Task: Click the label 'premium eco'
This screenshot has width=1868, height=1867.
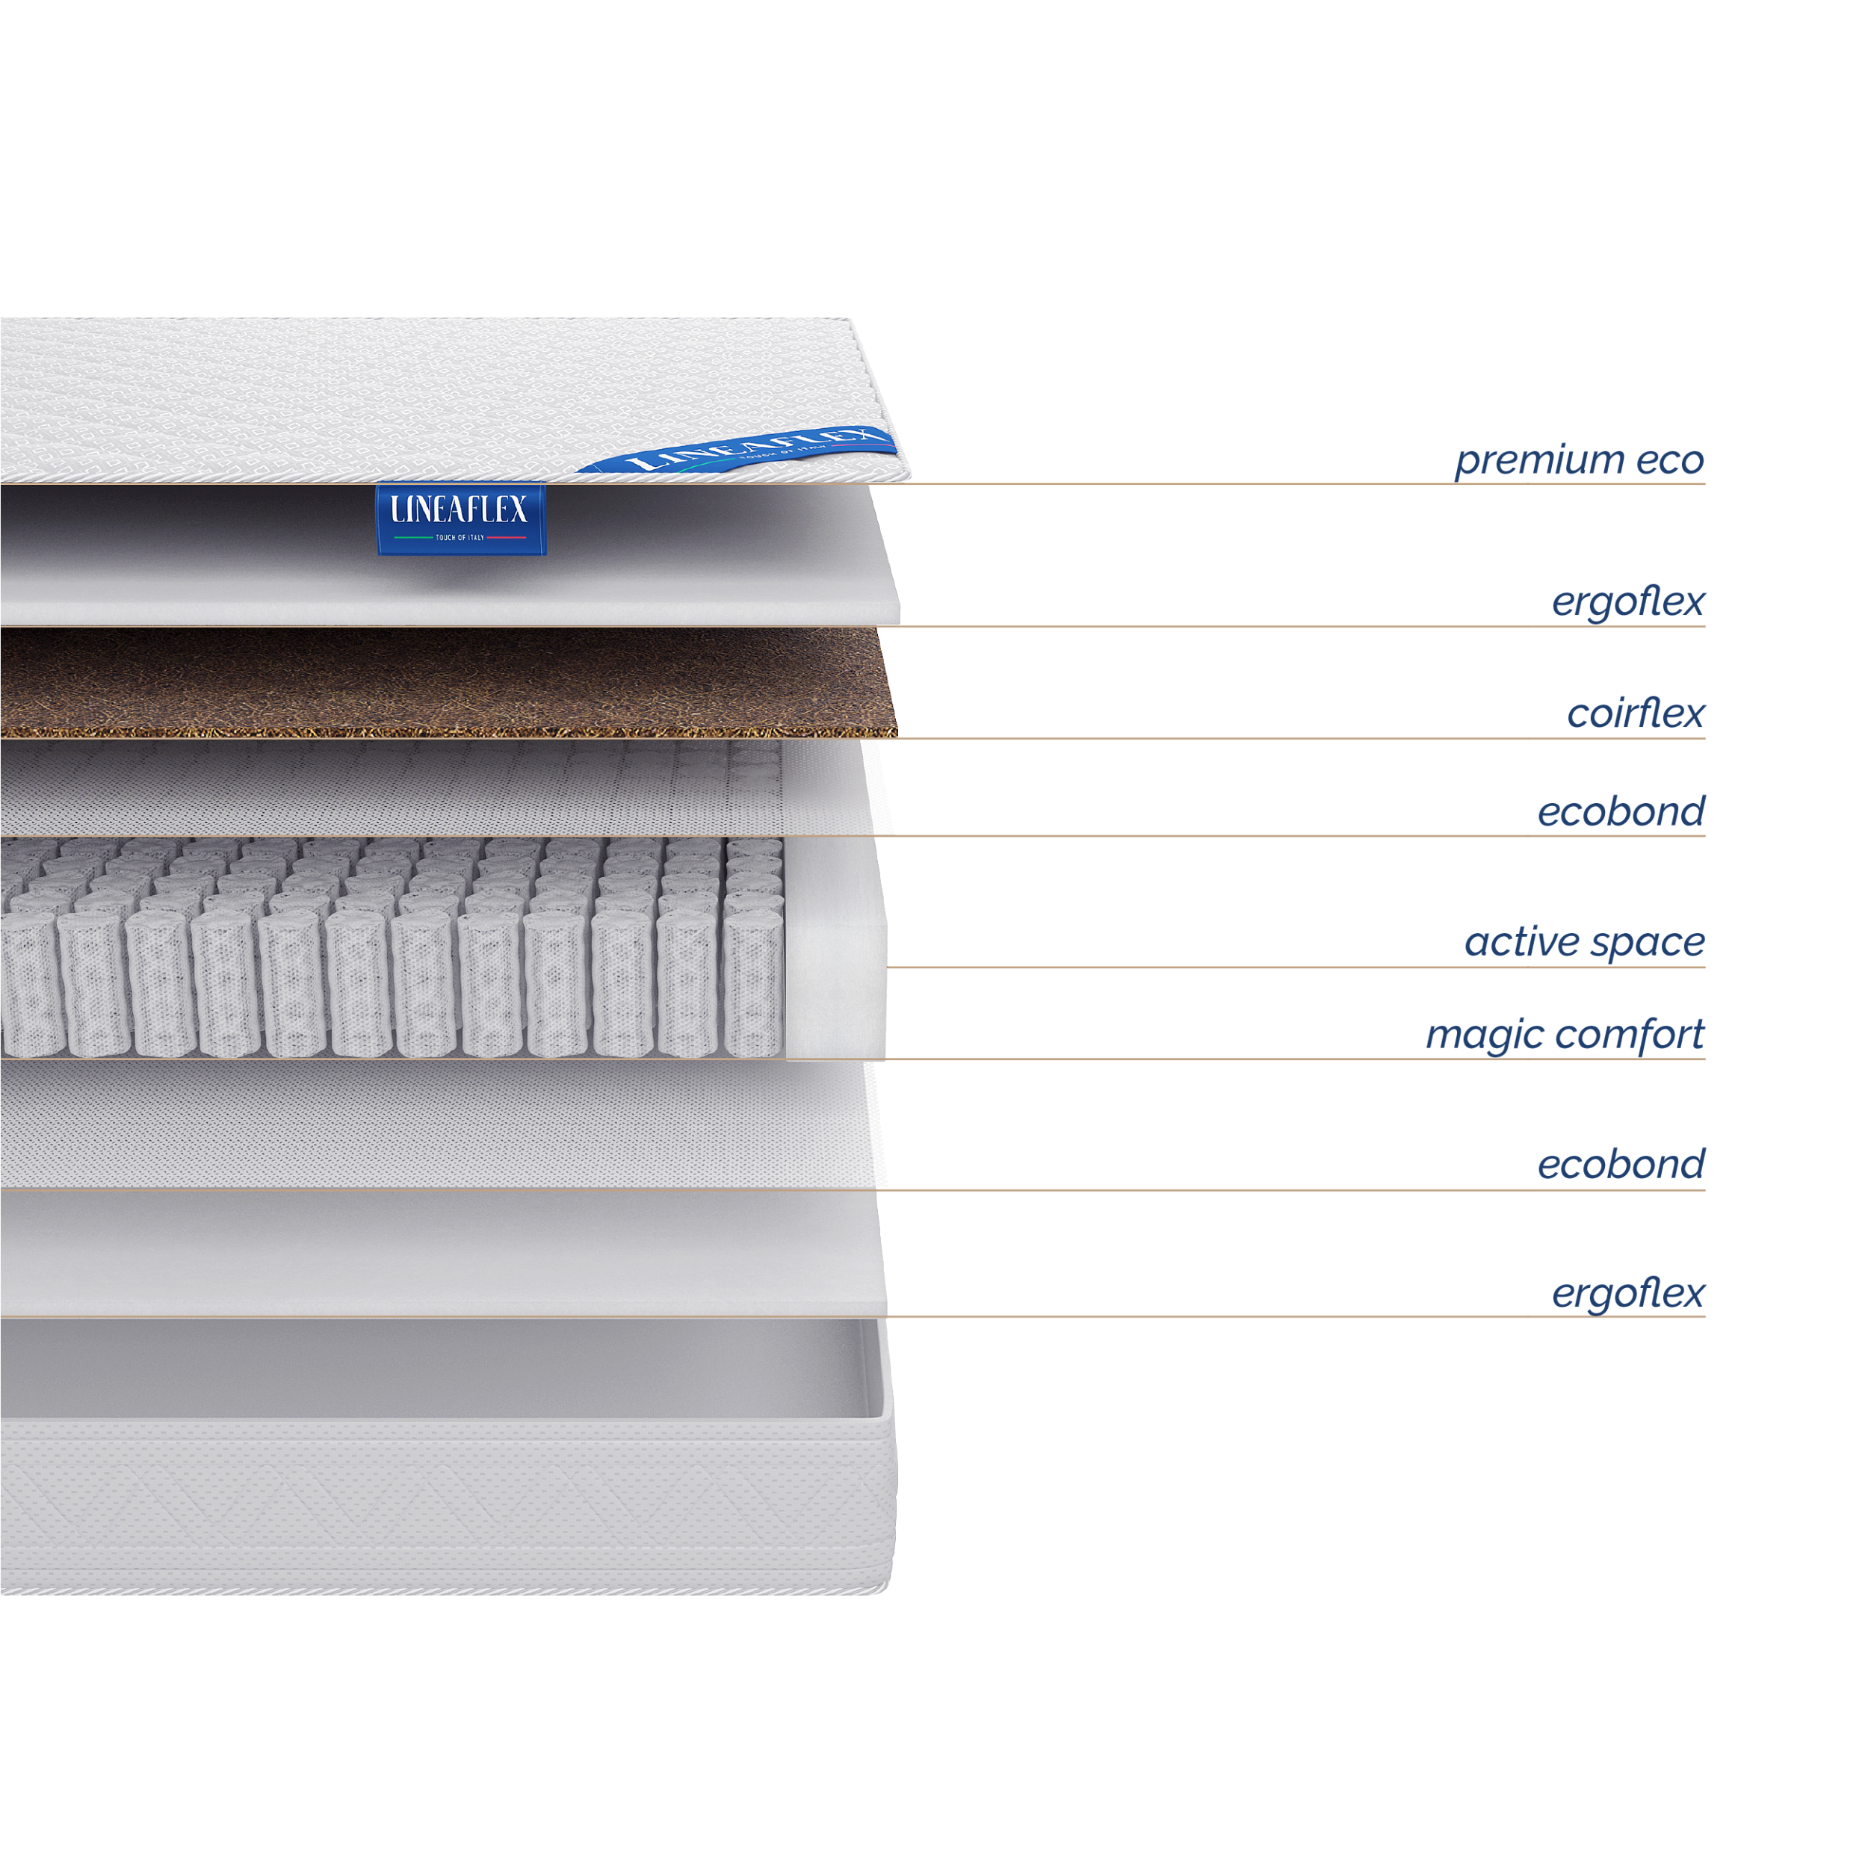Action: (x=1579, y=460)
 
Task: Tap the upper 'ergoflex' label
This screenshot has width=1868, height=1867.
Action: (x=1628, y=602)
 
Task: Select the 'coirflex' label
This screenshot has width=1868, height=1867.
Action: (x=1635, y=713)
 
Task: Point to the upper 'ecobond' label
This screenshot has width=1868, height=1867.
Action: (x=1621, y=811)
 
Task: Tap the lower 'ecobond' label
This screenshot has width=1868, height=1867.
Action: (x=1621, y=1164)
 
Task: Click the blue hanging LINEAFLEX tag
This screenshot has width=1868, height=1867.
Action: (x=460, y=519)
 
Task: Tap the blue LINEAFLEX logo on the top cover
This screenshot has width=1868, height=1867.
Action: (x=737, y=450)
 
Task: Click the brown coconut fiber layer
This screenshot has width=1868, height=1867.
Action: (x=448, y=683)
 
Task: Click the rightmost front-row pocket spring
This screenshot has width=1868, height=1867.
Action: (x=753, y=982)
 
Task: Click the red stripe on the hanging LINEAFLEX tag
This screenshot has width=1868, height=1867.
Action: (x=507, y=538)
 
